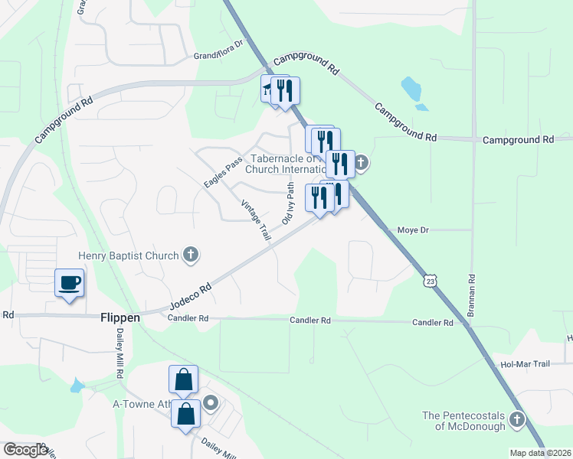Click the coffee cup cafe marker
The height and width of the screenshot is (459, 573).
(69, 283)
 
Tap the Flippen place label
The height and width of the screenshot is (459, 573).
(119, 317)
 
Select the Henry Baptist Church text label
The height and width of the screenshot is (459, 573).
(128, 256)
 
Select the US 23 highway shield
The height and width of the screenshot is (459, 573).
(431, 282)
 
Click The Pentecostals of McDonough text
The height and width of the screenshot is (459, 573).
(463, 421)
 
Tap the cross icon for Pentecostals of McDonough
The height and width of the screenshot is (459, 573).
(517, 420)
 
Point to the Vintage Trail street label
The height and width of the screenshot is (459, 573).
(256, 221)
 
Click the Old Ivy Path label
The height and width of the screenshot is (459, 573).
(288, 203)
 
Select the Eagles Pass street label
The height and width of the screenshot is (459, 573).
(223, 173)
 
